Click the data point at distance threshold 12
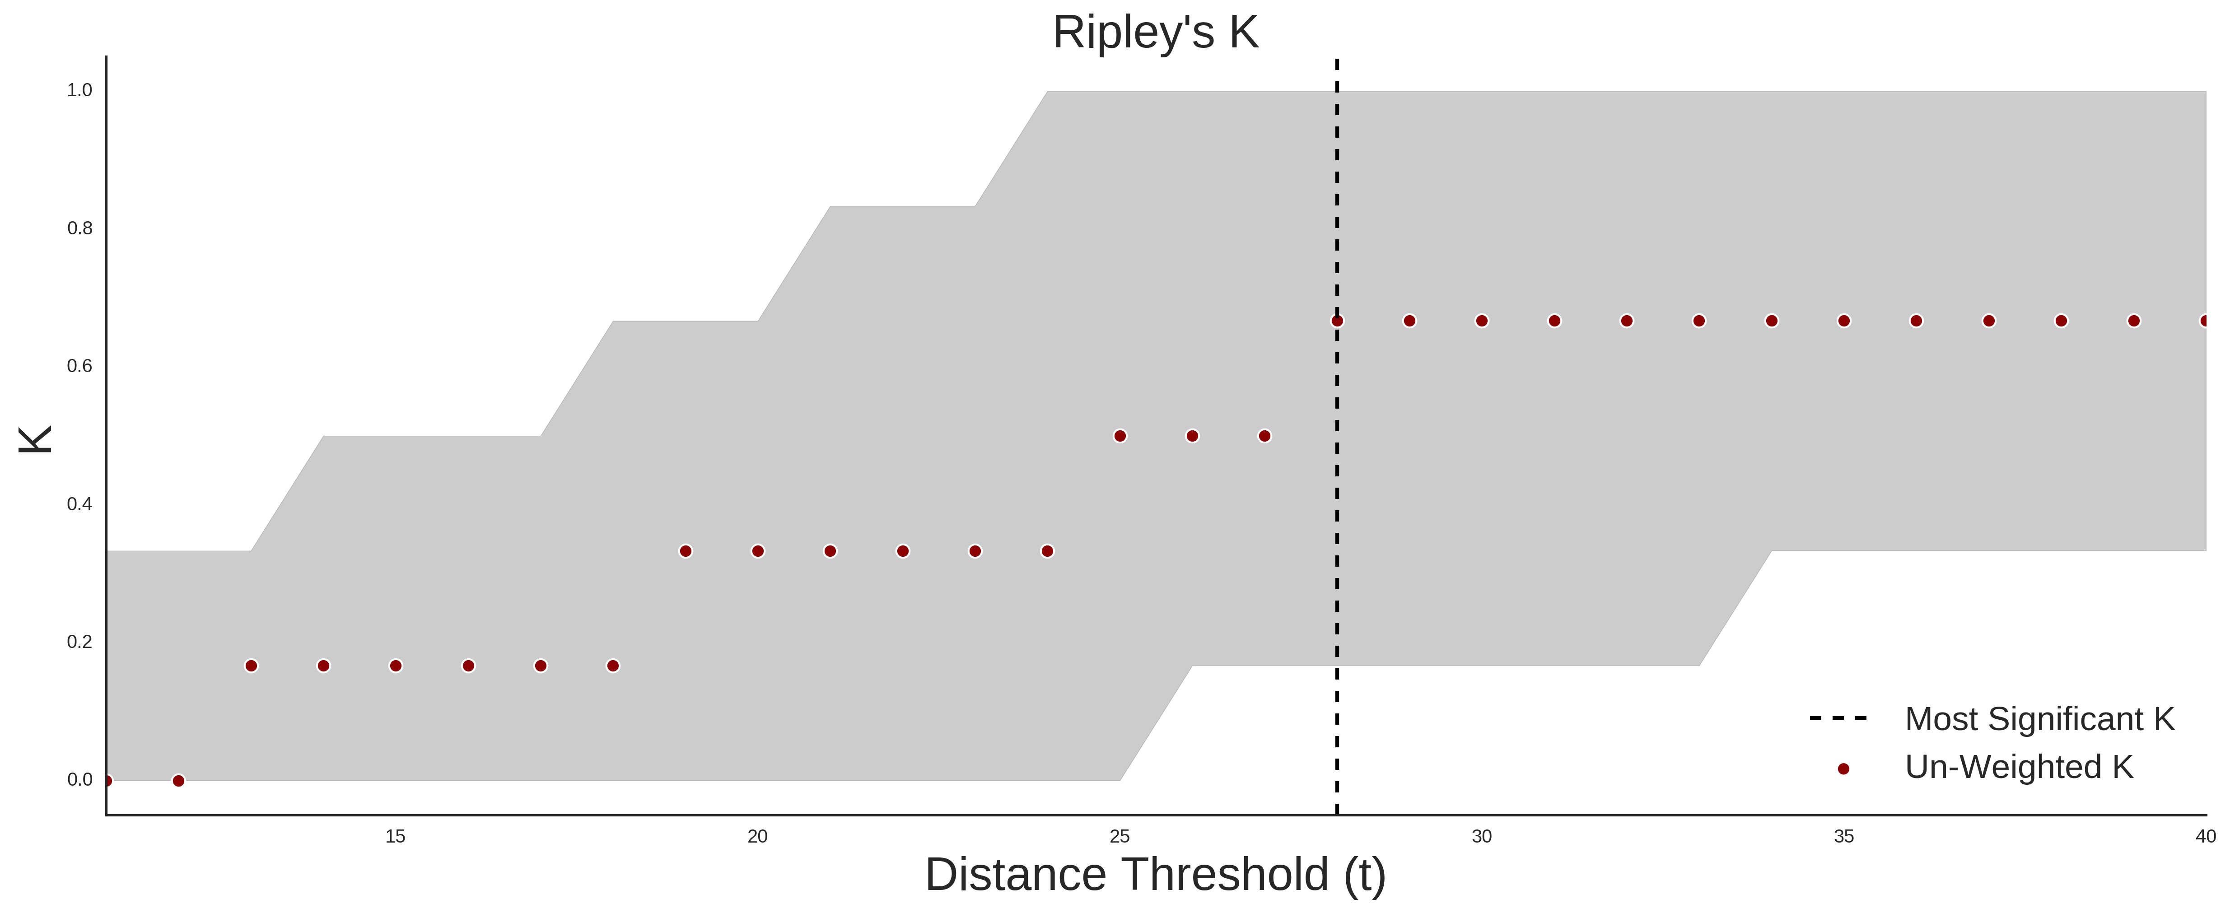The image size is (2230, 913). pyautogui.click(x=178, y=781)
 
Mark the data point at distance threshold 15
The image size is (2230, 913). pyautogui.click(x=396, y=666)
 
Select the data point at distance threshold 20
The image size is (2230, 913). pyautogui.click(x=757, y=551)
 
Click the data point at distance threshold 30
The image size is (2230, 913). pyautogui.click(x=1482, y=321)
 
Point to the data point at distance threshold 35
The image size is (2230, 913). pyautogui.click(x=1844, y=321)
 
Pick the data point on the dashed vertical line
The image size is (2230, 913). pyautogui.click(x=1338, y=321)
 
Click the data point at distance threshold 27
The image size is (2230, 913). pyautogui.click(x=1265, y=436)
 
